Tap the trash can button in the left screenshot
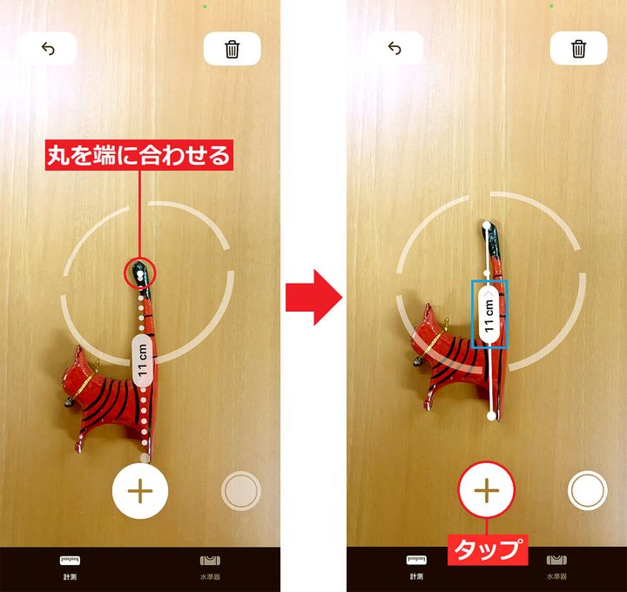coord(232,49)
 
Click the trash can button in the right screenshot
coord(578,49)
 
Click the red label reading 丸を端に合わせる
coord(140,157)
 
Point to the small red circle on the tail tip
coord(140,272)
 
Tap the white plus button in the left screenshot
coord(140,491)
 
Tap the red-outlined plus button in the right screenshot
coord(487,491)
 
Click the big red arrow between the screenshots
coord(313,296)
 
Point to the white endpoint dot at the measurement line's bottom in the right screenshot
coord(492,416)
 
